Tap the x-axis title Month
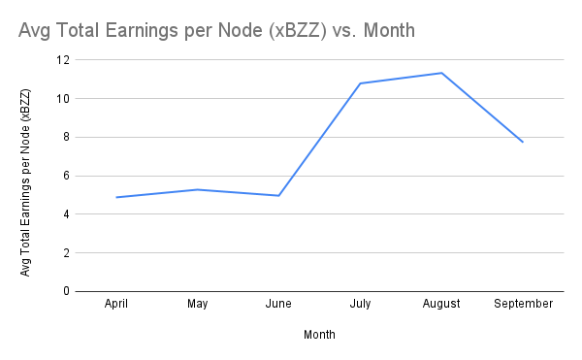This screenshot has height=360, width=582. (319, 335)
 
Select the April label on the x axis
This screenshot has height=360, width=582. (116, 305)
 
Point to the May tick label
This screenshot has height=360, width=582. (198, 305)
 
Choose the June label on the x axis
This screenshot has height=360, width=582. (279, 305)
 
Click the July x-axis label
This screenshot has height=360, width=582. (360, 305)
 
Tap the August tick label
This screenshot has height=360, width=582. (441, 305)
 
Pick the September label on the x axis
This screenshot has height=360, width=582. (523, 305)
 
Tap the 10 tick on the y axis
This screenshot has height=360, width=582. (64, 99)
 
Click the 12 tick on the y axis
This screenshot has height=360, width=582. (64, 60)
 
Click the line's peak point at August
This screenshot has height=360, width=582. (441, 73)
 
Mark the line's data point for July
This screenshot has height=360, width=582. (360, 83)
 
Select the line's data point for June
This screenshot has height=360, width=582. (279, 195)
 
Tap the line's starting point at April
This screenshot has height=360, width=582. (116, 197)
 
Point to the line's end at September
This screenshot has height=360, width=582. (523, 142)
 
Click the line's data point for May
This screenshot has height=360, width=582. (198, 189)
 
